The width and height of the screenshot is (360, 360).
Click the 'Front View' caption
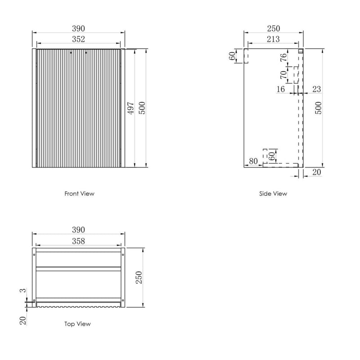(79, 193)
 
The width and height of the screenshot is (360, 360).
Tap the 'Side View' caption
(273, 193)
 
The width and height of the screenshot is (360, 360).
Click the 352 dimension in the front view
(78, 40)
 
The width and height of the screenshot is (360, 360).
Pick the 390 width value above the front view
(78, 28)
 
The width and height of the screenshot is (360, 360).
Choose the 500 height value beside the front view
(142, 108)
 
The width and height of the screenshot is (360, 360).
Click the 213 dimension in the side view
(273, 40)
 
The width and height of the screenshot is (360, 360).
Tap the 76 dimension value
(284, 57)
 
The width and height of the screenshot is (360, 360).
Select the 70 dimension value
(284, 74)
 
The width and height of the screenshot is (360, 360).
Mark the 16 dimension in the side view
(280, 89)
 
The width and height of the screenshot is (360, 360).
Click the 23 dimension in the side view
(316, 89)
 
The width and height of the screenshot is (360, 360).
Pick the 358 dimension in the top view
(78, 241)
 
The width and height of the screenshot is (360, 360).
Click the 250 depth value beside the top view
(139, 277)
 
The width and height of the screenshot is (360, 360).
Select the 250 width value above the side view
(273, 28)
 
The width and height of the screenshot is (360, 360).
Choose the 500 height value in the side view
(318, 108)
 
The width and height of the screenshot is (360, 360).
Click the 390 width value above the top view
(78, 230)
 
